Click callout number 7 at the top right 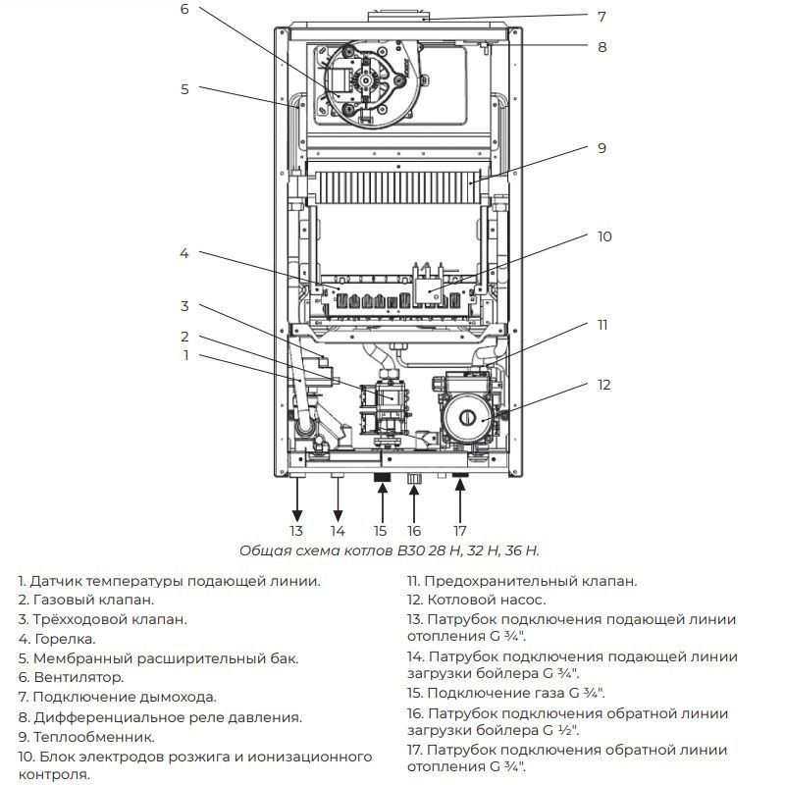pyautogui.click(x=602, y=17)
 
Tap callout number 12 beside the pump pyautogui.click(x=604, y=385)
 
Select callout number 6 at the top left pyautogui.click(x=183, y=10)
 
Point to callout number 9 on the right pyautogui.click(x=602, y=148)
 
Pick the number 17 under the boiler pyautogui.click(x=459, y=531)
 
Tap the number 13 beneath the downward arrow pyautogui.click(x=295, y=531)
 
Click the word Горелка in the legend pyautogui.click(x=66, y=638)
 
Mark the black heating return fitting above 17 pyautogui.click(x=459, y=477)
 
